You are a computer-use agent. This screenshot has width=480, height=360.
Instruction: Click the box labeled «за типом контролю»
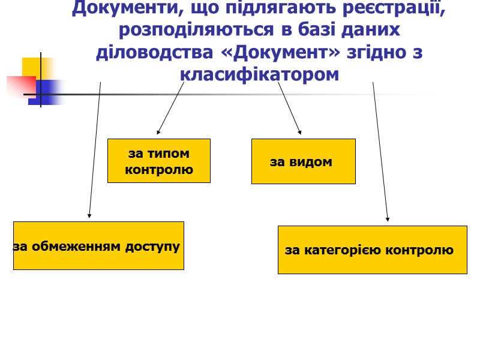pos(158,161)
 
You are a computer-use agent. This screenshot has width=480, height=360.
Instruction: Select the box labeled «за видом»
pos(303,161)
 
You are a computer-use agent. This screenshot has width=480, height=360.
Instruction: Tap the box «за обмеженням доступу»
pos(98,245)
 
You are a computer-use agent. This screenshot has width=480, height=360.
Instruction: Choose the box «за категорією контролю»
pos(372,250)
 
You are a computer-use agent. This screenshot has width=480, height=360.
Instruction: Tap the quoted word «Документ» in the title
pos(287,52)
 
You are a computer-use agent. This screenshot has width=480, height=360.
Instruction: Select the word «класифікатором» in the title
pos(259,74)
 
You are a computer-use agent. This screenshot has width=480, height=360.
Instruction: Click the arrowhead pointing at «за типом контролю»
pos(158,132)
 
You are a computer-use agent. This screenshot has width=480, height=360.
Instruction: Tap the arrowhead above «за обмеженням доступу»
pos(89,215)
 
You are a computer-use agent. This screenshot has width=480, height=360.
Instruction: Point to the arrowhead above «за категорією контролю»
pos(388,220)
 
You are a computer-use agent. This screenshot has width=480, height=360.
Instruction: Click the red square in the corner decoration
pos(20,86)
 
